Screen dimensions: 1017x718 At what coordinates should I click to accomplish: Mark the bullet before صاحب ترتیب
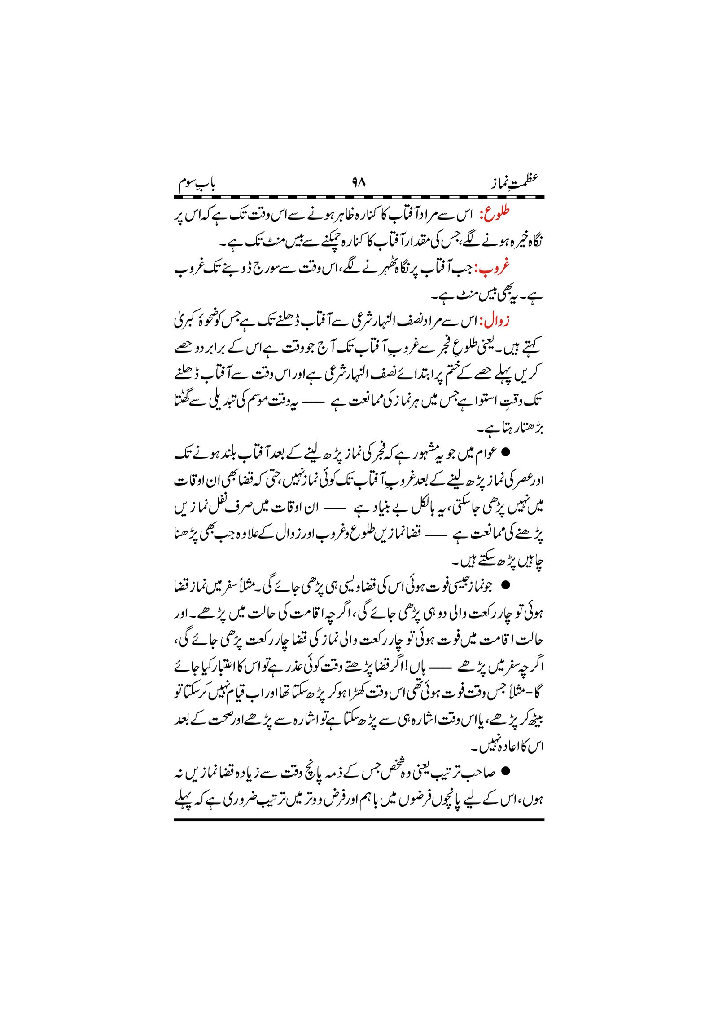tap(506, 772)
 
